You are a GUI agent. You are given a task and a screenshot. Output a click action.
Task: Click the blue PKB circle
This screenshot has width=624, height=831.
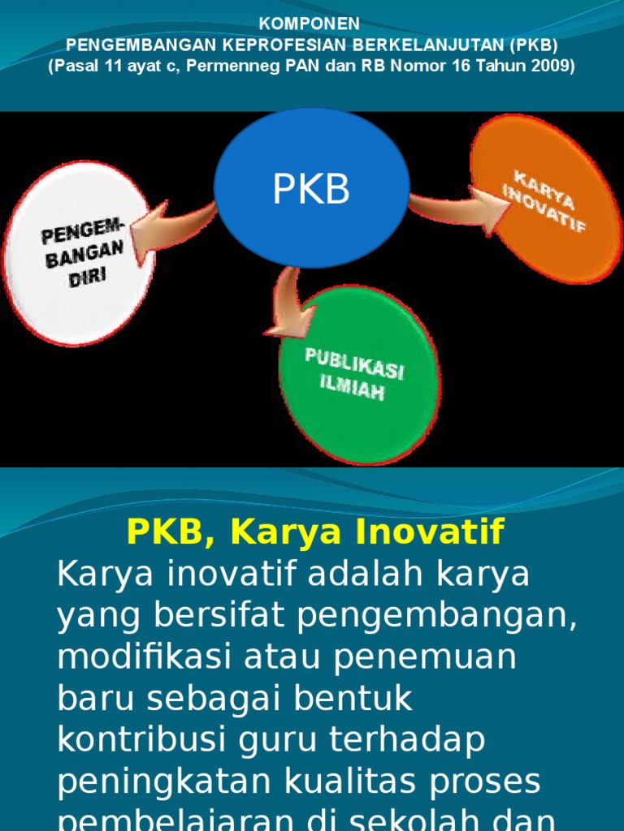311,188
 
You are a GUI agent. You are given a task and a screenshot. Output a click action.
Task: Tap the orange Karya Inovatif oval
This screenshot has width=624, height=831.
545,199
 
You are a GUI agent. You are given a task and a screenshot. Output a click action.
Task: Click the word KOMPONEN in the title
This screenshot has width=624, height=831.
312,24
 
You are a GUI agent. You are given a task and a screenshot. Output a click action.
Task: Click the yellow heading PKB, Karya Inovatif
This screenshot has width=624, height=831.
315,532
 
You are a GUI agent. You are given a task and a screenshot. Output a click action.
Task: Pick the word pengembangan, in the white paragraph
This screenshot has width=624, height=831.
437,616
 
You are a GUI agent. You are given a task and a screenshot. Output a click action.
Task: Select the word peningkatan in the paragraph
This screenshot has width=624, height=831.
162,782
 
